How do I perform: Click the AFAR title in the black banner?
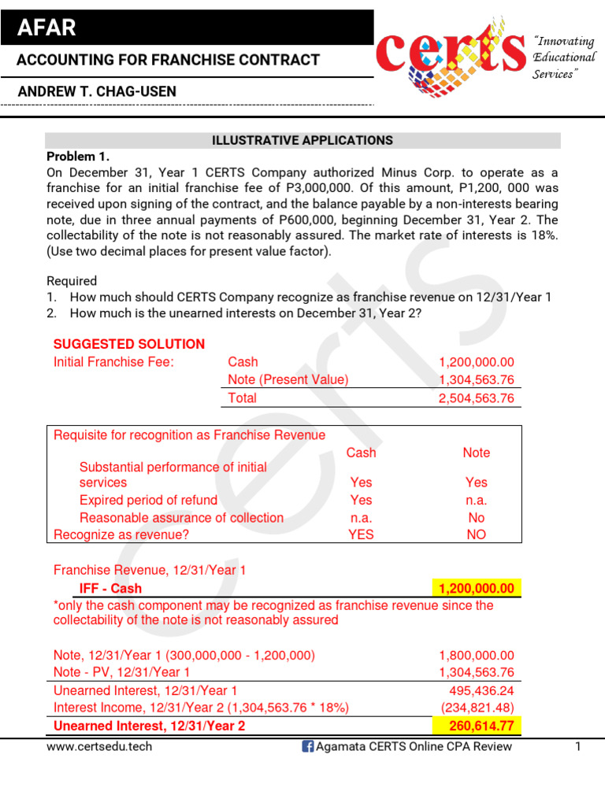tap(48, 29)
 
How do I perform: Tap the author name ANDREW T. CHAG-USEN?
tap(97, 91)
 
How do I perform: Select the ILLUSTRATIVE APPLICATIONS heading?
tap(302, 140)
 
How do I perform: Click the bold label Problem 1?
tap(78, 156)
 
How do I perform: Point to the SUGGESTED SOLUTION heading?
tap(128, 344)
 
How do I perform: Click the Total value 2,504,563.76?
tap(476, 398)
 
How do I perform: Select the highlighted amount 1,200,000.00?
tap(476, 589)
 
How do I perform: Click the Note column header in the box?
tap(476, 453)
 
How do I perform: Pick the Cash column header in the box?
tap(361, 453)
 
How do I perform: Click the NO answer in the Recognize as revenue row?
tap(476, 534)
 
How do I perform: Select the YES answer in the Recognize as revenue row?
tap(361, 534)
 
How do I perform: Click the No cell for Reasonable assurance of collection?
tap(476, 518)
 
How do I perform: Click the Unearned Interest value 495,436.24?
tap(481, 690)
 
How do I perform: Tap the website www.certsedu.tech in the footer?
tap(99, 746)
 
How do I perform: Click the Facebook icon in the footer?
tap(307, 746)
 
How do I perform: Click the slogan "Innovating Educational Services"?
tap(564, 57)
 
